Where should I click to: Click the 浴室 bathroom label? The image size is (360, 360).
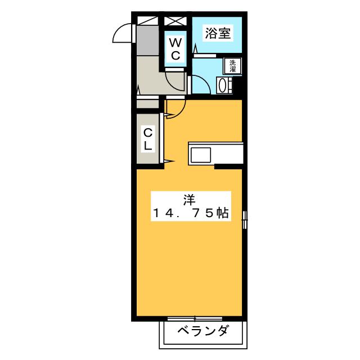coord(217,33)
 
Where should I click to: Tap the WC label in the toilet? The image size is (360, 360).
coord(175,49)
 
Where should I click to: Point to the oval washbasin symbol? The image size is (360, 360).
coord(224,85)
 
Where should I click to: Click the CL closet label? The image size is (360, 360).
coord(148,138)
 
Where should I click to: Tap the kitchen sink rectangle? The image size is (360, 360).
coord(200,153)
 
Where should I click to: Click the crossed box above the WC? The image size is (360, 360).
coord(175,21)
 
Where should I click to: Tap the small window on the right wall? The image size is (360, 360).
coord(245,219)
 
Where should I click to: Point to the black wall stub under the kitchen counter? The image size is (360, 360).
coord(228,166)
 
